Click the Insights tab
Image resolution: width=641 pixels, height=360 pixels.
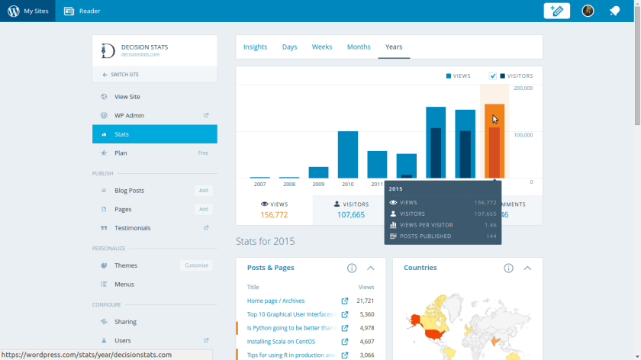pyautogui.click(x=255, y=47)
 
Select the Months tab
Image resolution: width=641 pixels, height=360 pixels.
pyautogui.click(x=359, y=47)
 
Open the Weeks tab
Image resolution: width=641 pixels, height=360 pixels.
pyautogui.click(x=322, y=47)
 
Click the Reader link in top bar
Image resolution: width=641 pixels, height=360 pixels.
pyautogui.click(x=82, y=11)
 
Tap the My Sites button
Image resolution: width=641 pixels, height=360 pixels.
pyautogui.click(x=27, y=11)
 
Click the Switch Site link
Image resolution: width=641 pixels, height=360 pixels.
pyautogui.click(x=123, y=75)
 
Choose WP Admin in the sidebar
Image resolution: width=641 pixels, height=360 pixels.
pyautogui.click(x=129, y=116)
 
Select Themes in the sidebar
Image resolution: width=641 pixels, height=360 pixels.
pyautogui.click(x=125, y=265)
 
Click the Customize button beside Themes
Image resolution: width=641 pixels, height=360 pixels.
pyautogui.click(x=196, y=265)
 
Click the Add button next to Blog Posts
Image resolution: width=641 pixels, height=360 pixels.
pyautogui.click(x=204, y=191)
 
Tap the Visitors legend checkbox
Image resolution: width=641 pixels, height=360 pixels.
pyautogui.click(x=493, y=76)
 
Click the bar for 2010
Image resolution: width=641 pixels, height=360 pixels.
pyautogui.click(x=348, y=155)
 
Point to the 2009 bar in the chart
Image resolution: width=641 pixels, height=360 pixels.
pyautogui.click(x=318, y=172)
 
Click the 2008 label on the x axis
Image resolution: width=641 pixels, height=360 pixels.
pyautogui.click(x=289, y=184)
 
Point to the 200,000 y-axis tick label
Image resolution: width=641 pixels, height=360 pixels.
pyautogui.click(x=523, y=88)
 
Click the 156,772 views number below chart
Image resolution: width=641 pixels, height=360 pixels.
pyautogui.click(x=274, y=215)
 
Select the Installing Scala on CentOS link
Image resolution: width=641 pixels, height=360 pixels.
pyautogui.click(x=281, y=342)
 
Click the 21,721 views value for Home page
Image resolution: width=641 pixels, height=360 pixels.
pyautogui.click(x=365, y=301)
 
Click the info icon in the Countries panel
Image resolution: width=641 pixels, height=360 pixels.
pyautogui.click(x=508, y=268)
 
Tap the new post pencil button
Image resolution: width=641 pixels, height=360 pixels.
pyautogui.click(x=557, y=11)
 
